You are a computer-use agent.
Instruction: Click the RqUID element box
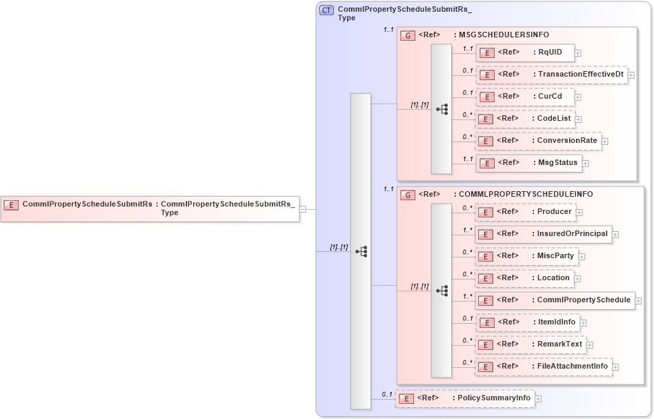tap(525, 52)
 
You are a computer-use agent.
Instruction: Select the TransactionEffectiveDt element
tap(551, 75)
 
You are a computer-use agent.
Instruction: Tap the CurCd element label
tap(550, 96)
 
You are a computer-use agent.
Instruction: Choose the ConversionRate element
tap(539, 141)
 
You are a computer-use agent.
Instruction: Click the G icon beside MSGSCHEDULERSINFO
tap(408, 35)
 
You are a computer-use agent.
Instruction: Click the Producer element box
tap(526, 212)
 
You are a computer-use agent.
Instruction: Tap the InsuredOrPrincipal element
tap(544, 234)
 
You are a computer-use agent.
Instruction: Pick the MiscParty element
tap(527, 256)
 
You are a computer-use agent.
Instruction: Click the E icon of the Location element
tap(486, 278)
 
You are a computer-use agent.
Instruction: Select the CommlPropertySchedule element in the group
tap(555, 300)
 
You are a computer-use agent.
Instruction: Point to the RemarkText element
tap(531, 344)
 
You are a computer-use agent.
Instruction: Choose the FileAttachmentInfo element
tap(544, 367)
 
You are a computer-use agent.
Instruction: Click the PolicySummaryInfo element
tap(464, 398)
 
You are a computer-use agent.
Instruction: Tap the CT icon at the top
tap(327, 10)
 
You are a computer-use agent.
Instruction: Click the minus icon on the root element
tap(303, 209)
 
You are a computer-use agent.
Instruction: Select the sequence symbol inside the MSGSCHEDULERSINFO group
tap(442, 109)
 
